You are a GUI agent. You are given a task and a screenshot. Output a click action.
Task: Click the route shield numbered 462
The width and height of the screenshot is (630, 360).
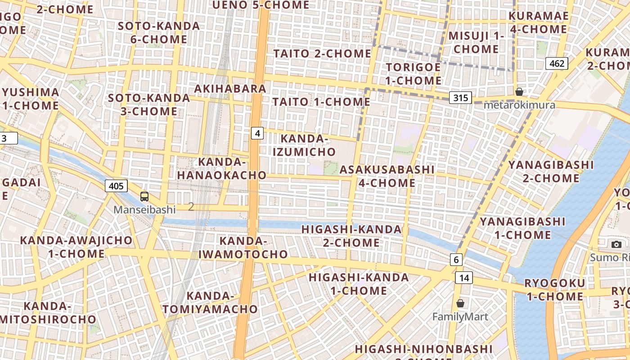[557, 63]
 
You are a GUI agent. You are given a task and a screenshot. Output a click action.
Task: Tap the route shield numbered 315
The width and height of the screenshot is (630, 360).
[460, 98]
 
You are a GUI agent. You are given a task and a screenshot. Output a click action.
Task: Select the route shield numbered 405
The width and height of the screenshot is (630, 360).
[117, 185]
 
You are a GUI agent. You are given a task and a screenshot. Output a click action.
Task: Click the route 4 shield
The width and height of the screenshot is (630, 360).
[257, 133]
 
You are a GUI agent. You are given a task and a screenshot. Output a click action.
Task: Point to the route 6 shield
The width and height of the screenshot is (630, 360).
[456, 259]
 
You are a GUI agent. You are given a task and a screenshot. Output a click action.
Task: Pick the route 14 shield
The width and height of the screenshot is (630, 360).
[464, 278]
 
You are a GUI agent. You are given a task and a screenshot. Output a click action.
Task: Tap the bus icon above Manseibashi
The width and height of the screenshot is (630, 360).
[144, 196]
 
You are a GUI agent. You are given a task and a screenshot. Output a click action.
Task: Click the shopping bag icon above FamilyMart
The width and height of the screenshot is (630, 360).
[460, 303]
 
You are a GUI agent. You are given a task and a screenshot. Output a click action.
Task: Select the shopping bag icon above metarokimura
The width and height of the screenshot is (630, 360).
[519, 92]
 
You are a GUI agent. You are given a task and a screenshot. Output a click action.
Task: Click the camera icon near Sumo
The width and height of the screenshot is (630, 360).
[616, 244]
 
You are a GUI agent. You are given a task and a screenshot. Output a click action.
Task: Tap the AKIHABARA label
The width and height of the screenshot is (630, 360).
[230, 89]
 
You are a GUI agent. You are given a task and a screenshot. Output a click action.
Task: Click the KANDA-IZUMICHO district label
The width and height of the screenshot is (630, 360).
[304, 145]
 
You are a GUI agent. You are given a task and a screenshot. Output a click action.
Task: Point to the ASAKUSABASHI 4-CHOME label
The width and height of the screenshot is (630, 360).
[387, 176]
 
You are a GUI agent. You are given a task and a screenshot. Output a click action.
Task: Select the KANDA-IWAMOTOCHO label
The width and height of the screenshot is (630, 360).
[243, 247]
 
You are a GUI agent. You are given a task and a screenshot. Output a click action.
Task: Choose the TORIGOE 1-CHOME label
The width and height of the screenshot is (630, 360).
[414, 74]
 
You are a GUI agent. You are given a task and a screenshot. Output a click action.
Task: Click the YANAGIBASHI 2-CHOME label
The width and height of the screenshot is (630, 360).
[551, 171]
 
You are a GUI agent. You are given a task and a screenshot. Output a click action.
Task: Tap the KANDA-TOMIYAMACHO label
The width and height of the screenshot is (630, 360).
[210, 302]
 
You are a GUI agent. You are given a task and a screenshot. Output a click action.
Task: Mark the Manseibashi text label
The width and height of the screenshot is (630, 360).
[144, 210]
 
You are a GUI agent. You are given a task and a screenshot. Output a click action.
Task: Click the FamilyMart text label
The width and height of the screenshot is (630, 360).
[460, 317]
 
